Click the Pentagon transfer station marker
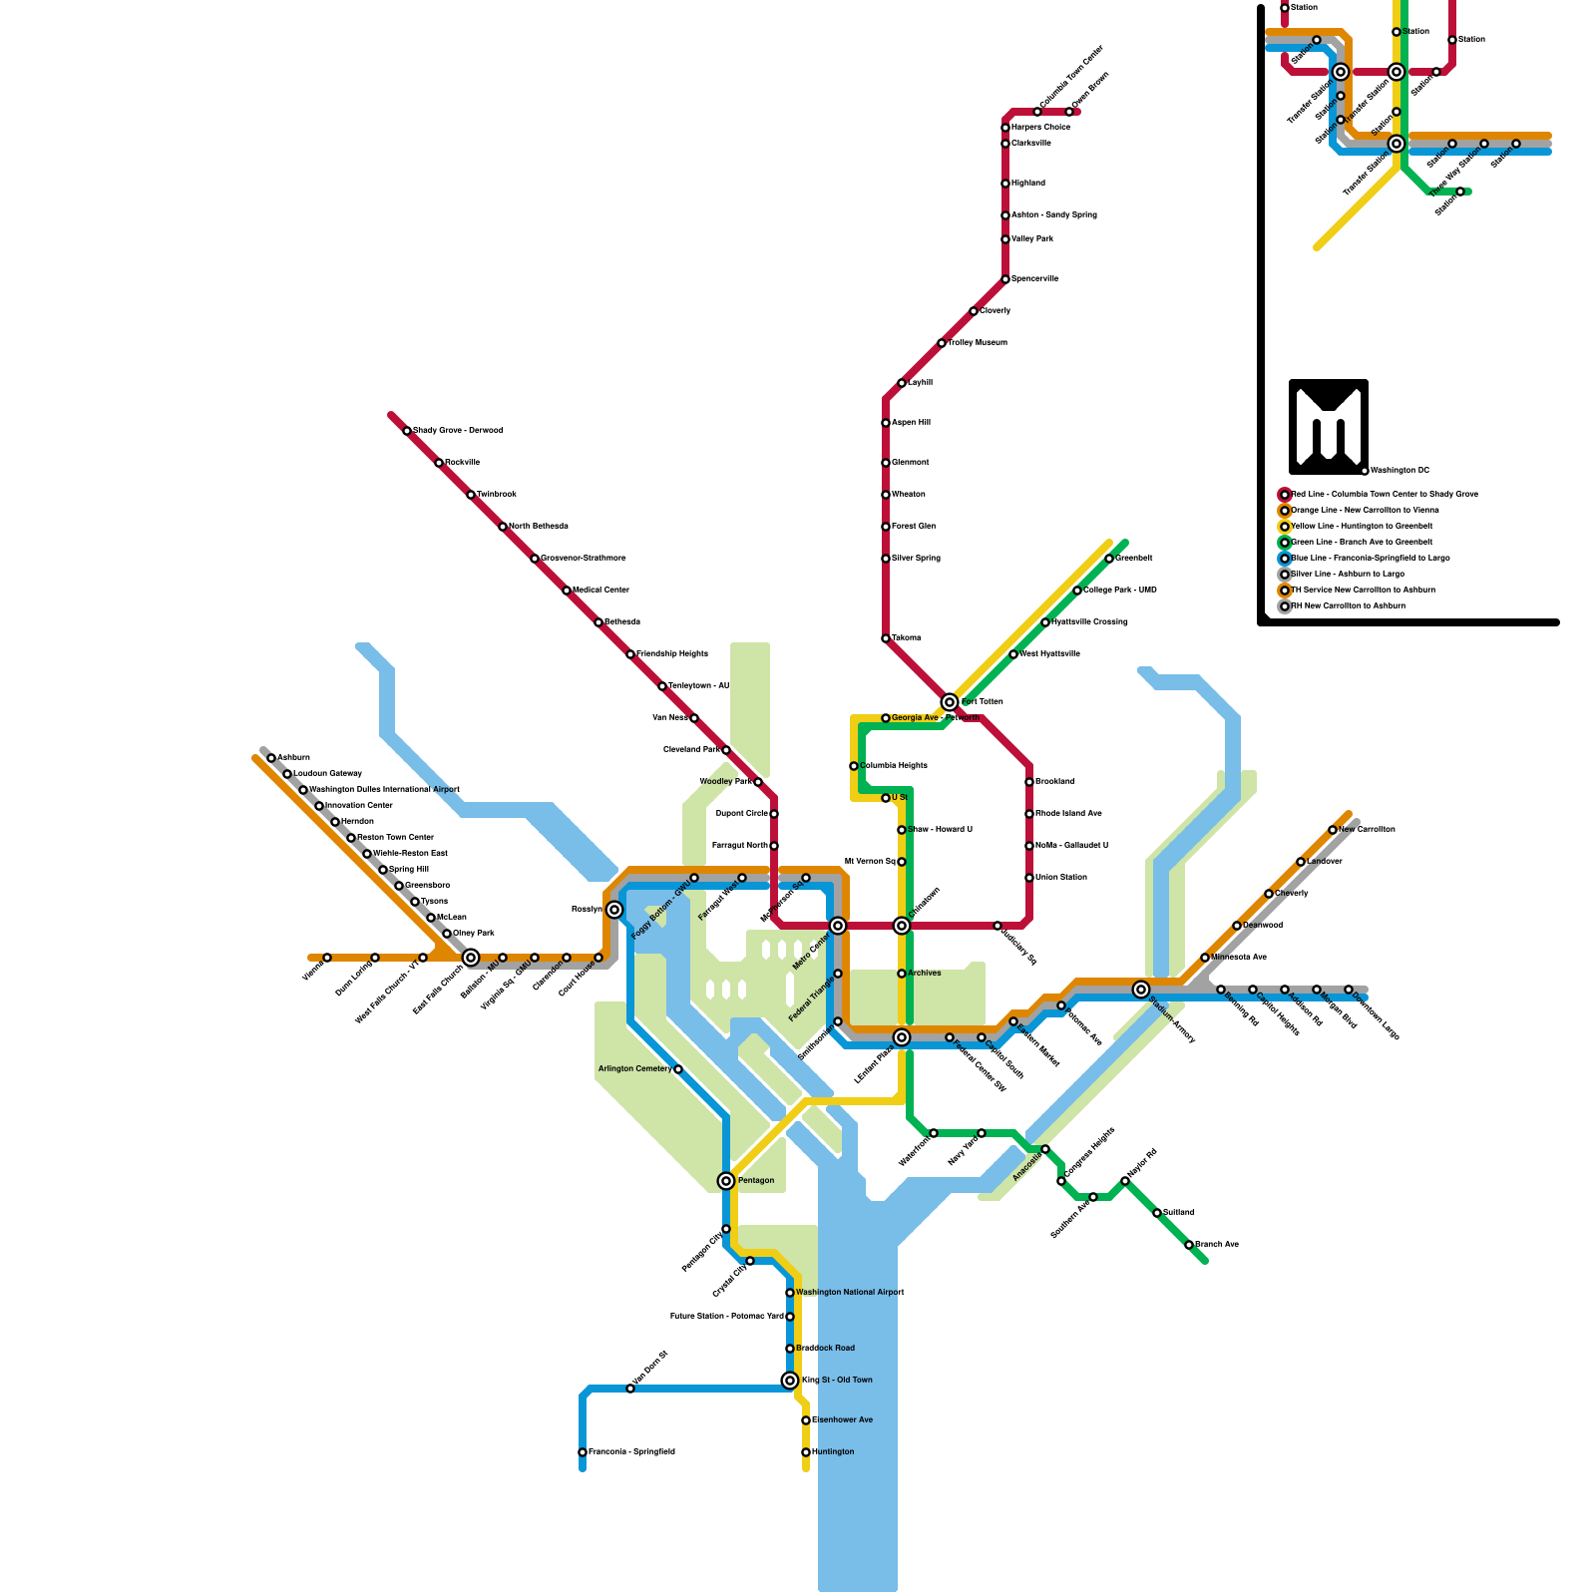(x=726, y=1181)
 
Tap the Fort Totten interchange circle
(x=950, y=702)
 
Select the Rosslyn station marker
(x=614, y=910)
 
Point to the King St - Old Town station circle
(x=790, y=1381)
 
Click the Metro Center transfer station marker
(x=838, y=926)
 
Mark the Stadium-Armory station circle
(x=1141, y=990)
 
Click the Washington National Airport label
(x=850, y=1293)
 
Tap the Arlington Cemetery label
(x=634, y=1069)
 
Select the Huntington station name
(x=833, y=1452)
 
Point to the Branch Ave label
(x=1217, y=1245)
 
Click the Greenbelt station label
(x=1134, y=559)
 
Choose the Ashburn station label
(x=293, y=758)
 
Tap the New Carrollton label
(x=1367, y=830)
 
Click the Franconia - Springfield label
(x=631, y=1452)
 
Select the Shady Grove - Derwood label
(x=458, y=431)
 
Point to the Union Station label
(x=1061, y=878)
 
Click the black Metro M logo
(x=1328, y=427)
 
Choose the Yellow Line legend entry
(x=1362, y=527)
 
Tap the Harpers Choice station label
(x=1040, y=128)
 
